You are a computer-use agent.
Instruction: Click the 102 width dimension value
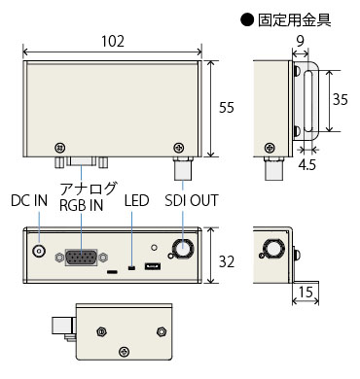click(x=113, y=42)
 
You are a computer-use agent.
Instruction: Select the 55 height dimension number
click(x=227, y=108)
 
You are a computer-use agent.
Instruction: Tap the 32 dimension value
click(x=227, y=261)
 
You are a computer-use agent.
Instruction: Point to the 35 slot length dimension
click(x=341, y=99)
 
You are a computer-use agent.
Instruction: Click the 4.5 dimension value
click(x=306, y=165)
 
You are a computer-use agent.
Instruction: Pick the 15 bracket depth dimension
click(x=306, y=293)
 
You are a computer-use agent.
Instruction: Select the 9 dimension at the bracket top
click(x=301, y=42)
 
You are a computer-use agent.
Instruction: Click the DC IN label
click(x=29, y=201)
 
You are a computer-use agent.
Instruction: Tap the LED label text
click(x=136, y=201)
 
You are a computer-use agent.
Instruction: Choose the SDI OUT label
click(x=192, y=201)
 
